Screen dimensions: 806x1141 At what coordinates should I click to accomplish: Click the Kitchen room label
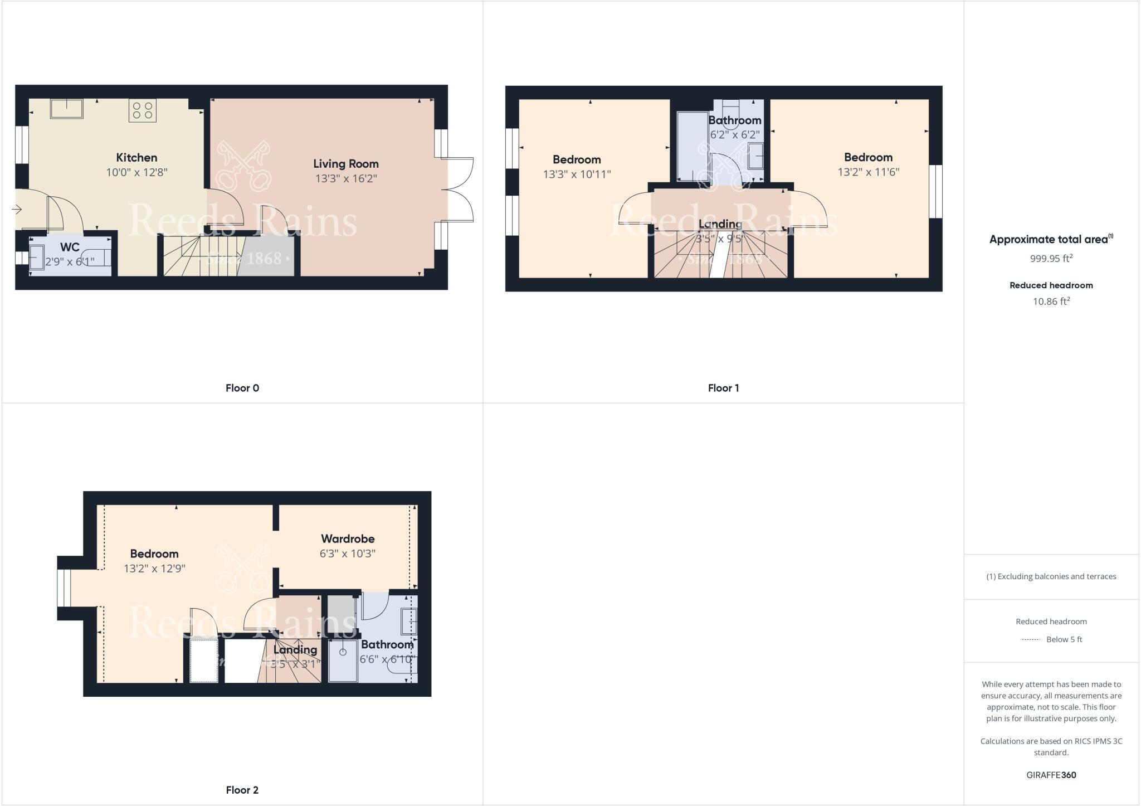click(136, 158)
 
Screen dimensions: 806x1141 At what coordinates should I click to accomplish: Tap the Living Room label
click(345, 164)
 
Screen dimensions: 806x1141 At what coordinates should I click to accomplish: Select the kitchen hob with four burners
click(142, 110)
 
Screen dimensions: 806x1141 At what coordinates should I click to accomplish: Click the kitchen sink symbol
click(66, 108)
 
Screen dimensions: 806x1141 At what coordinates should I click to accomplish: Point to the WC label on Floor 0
click(70, 247)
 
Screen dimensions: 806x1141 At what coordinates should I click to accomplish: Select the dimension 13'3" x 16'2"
click(346, 178)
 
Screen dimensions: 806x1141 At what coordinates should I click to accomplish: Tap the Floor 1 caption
click(723, 388)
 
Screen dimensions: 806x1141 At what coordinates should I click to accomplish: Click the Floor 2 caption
click(242, 790)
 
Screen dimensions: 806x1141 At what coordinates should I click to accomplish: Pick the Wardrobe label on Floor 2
click(348, 539)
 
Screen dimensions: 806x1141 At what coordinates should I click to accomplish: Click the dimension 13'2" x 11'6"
click(868, 172)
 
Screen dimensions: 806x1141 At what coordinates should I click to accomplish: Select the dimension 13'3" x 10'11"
click(577, 174)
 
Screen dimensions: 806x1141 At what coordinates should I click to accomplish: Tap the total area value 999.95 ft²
click(1051, 259)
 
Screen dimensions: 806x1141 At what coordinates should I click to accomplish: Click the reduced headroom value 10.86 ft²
click(1051, 302)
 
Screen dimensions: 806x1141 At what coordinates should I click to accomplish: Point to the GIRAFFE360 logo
click(1051, 775)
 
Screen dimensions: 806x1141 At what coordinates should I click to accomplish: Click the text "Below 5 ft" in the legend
click(1064, 639)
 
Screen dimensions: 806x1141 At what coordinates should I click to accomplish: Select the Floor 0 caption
click(242, 388)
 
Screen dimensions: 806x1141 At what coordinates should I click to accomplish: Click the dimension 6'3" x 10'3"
click(348, 553)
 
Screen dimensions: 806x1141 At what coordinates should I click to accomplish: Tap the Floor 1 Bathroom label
click(734, 120)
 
